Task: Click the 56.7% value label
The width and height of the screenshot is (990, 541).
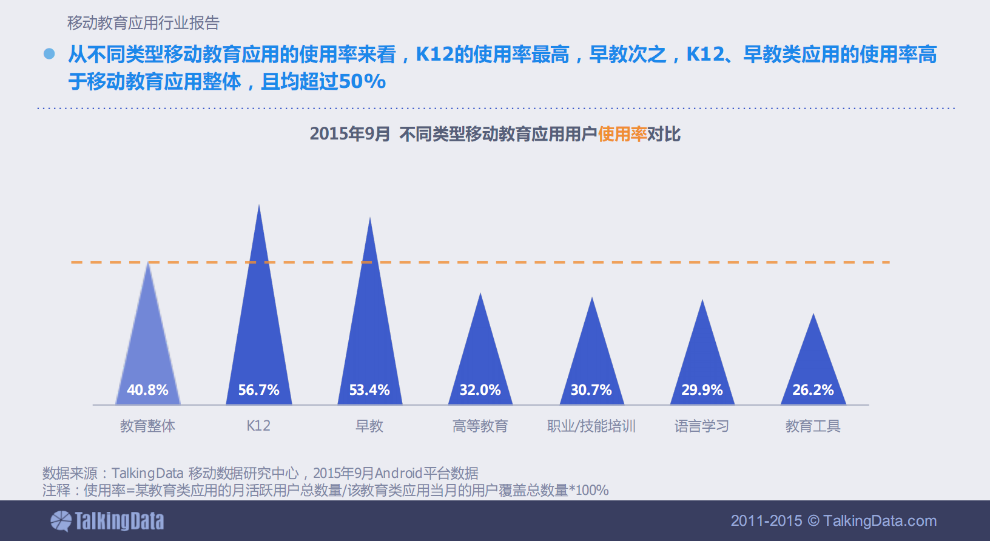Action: click(258, 390)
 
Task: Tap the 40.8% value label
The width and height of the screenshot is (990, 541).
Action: click(147, 390)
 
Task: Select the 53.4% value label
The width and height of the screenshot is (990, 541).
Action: click(369, 390)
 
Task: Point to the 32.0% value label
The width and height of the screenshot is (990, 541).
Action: click(480, 390)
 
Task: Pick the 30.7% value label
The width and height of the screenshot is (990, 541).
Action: click(591, 390)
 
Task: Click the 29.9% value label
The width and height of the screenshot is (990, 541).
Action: click(702, 390)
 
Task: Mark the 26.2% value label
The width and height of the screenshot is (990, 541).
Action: click(813, 390)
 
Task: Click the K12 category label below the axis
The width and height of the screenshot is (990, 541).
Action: click(258, 426)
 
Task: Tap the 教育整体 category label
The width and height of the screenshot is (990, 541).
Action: click(147, 426)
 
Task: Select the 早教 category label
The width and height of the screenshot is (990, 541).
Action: click(369, 426)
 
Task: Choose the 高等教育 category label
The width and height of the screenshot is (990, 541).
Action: click(480, 426)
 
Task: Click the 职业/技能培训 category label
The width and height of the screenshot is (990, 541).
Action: click(591, 426)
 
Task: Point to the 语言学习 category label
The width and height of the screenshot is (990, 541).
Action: click(702, 426)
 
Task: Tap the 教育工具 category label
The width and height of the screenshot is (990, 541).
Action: click(813, 426)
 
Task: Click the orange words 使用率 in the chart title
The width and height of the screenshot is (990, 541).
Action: click(622, 134)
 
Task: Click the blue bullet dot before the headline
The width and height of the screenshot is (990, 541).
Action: click(49, 54)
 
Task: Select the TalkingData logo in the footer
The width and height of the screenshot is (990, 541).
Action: click(107, 521)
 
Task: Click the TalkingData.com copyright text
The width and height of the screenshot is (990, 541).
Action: click(833, 520)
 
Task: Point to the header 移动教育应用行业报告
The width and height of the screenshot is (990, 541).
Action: click(143, 23)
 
